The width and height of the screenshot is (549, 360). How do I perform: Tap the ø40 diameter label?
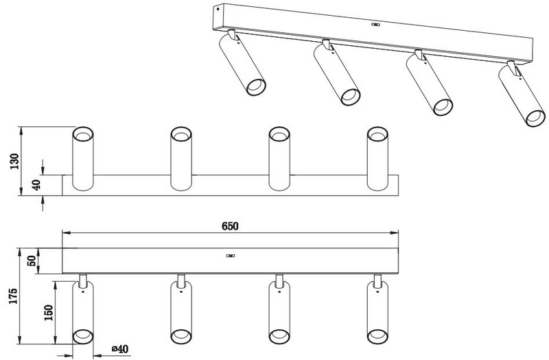coord(121,350)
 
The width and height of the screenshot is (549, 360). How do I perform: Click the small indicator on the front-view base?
coord(231,256)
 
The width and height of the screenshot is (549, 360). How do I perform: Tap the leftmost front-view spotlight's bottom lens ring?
coord(82,335)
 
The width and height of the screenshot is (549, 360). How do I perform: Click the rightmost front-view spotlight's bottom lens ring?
coord(377,335)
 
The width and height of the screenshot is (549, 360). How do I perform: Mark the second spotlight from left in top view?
coord(180,159)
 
